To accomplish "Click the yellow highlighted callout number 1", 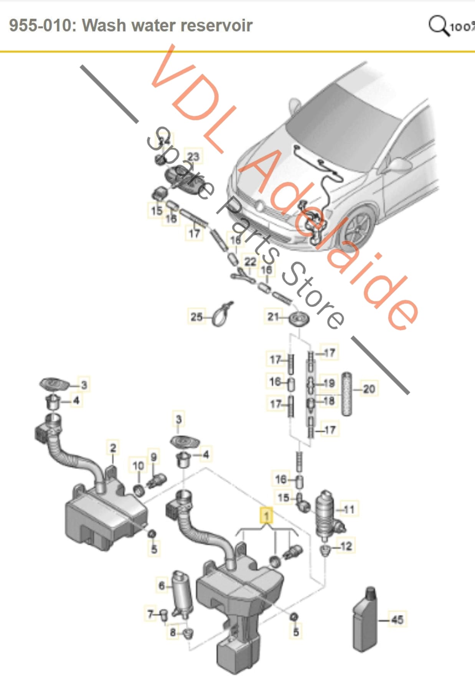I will click(266, 515).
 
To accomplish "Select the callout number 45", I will click(397, 619).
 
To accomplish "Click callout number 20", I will click(369, 389).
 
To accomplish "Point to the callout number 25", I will click(196, 317).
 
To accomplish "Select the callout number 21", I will click(273, 317).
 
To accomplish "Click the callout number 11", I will click(349, 509).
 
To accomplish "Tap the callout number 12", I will click(346, 546).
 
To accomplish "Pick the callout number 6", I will click(162, 586).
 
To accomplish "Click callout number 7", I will click(150, 614).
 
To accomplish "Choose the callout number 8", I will click(173, 632).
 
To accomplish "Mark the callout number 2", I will click(113, 448).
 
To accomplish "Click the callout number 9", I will click(153, 457).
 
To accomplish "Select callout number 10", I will click(138, 466).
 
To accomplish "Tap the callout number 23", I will click(193, 156).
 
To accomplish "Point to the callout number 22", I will click(250, 262).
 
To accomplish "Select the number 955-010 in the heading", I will click(40, 25).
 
